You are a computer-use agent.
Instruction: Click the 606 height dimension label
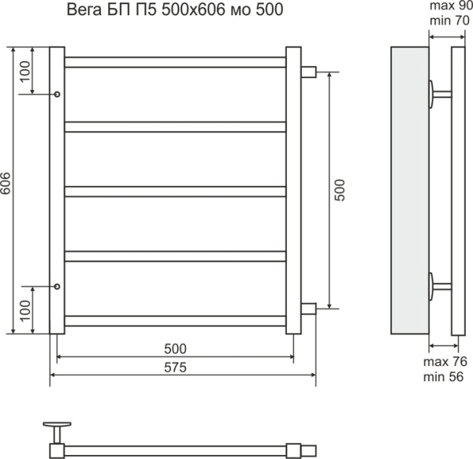tap(6, 185)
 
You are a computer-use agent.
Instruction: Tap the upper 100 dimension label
tap(25, 72)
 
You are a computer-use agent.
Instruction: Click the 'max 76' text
tap(447, 361)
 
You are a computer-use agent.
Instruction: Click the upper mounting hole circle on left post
tap(56, 95)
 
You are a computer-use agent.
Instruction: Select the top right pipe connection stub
tap(308, 72)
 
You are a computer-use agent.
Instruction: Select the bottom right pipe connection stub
tap(308, 308)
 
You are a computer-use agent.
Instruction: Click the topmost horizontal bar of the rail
tap(174, 62)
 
